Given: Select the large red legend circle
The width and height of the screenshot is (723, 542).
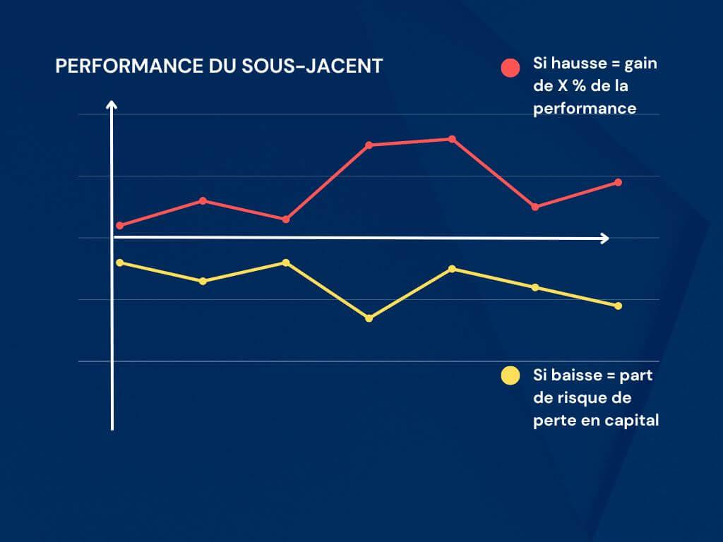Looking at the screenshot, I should click(510, 68).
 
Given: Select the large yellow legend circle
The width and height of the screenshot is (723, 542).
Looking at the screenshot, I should click(510, 376).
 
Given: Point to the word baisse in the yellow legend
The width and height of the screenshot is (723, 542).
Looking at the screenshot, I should click(571, 375).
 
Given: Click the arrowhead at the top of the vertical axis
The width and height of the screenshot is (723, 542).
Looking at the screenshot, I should click(112, 105).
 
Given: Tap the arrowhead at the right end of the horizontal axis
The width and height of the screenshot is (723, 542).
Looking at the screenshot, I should click(604, 239).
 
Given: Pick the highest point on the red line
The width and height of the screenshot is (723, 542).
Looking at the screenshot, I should click(452, 139).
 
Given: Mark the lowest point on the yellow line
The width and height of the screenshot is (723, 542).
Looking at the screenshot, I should click(369, 318).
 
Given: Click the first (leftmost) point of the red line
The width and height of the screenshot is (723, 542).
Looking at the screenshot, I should click(119, 226).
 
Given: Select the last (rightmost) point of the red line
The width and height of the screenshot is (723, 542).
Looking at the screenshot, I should click(619, 182).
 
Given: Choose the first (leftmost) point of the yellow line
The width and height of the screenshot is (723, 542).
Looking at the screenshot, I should click(119, 263).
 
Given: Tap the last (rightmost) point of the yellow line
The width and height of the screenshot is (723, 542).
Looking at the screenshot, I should click(619, 306).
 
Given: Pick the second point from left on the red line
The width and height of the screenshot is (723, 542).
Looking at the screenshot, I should click(203, 201).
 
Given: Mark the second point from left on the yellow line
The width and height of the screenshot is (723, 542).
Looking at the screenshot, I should click(203, 281).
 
